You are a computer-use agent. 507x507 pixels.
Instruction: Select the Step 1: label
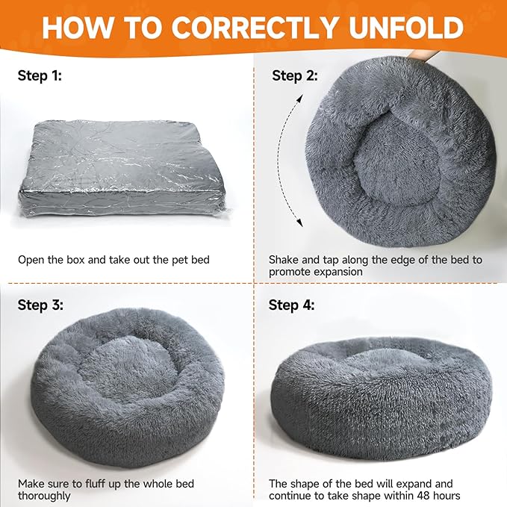click(x=40, y=75)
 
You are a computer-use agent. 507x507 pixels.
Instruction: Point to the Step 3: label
click(x=40, y=305)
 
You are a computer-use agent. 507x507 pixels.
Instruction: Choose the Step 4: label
click(x=291, y=305)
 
